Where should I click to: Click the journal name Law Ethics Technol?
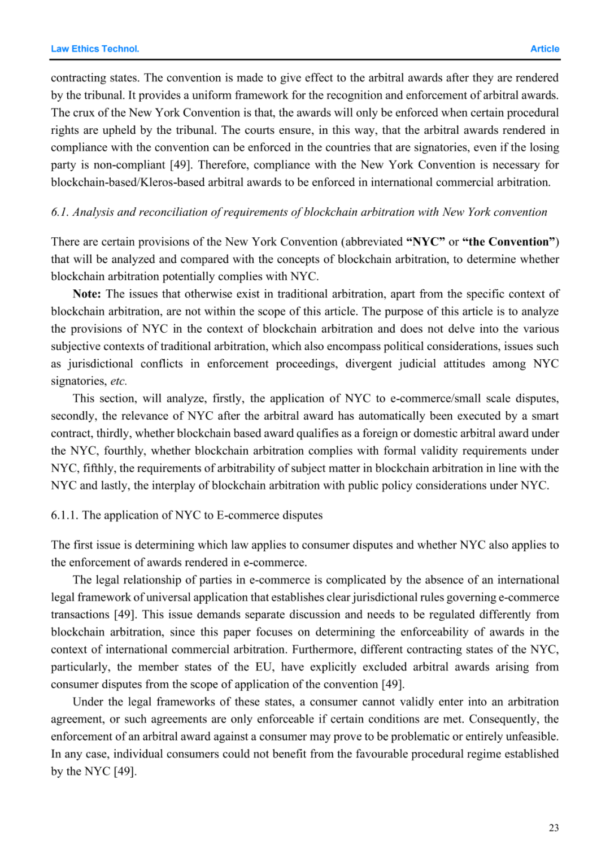coord(95,49)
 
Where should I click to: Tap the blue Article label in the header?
coord(544,49)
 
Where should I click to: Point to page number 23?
coord(554,828)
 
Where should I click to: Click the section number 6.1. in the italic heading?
coord(60,212)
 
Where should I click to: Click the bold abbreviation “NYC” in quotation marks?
coord(425,242)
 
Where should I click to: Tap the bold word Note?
coord(87,294)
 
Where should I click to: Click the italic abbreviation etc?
coord(118,381)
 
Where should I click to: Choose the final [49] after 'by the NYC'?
coord(125,772)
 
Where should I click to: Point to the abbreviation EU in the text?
coord(263,667)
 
